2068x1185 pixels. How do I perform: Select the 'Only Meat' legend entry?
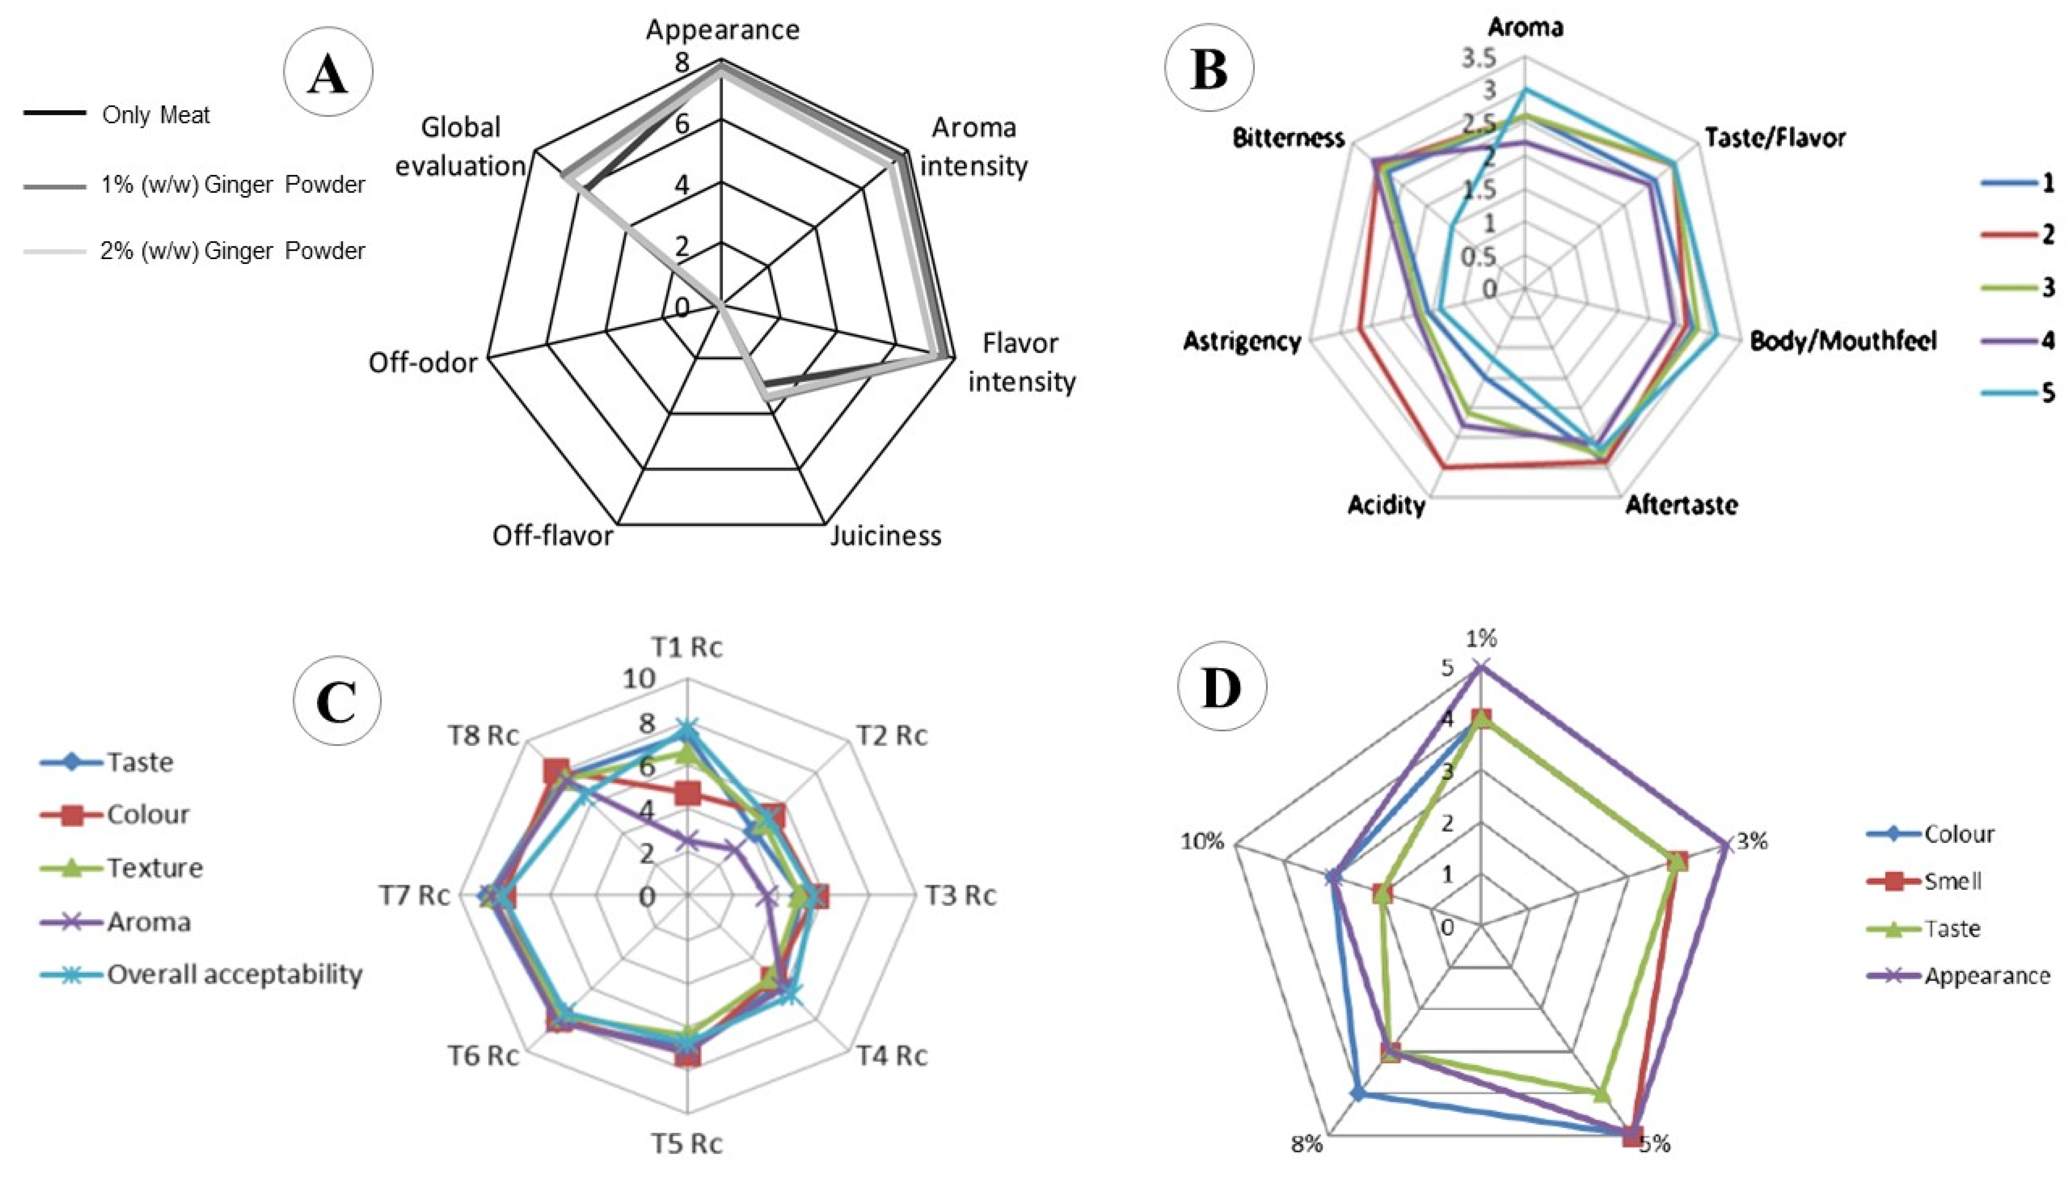point(155,115)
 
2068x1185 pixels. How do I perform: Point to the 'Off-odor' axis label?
point(422,362)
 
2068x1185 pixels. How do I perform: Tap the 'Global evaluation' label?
point(460,147)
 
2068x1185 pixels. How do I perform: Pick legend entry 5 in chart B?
point(2047,393)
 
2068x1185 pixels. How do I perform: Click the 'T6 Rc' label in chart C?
point(483,1055)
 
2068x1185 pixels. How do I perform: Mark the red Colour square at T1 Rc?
point(688,793)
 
